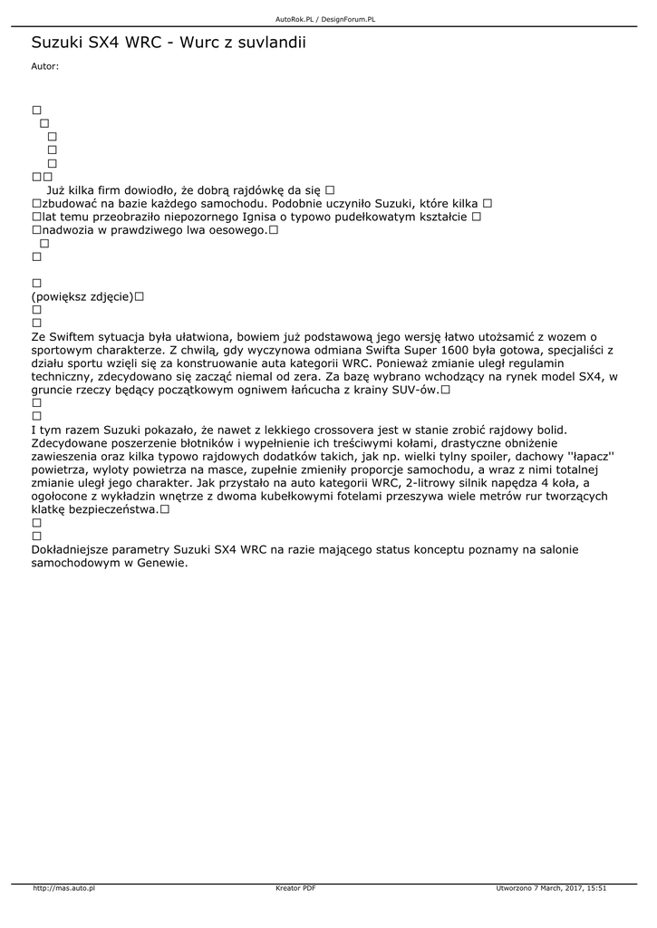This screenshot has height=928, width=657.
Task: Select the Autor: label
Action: [x=44, y=66]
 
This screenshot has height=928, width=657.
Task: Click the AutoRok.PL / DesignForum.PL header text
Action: [x=325, y=18]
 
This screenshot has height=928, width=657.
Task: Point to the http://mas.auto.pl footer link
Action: [x=63, y=888]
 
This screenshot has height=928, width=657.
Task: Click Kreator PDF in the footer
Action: [x=295, y=888]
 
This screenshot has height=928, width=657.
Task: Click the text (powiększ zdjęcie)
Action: [x=82, y=296]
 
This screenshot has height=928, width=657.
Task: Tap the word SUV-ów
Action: [x=415, y=390]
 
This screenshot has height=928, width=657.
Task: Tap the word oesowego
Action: [x=239, y=231]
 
